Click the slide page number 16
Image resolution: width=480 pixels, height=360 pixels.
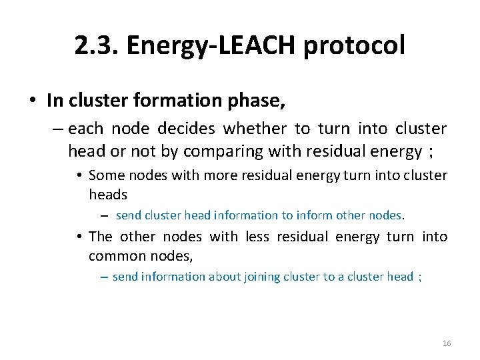click(447, 343)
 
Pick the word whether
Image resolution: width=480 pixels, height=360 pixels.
click(255, 128)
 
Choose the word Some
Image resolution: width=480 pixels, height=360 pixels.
click(104, 175)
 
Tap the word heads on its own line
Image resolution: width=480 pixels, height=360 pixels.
click(108, 195)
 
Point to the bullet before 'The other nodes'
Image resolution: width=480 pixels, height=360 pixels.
click(79, 237)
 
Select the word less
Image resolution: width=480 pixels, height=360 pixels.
click(257, 237)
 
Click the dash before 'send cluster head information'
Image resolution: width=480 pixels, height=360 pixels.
click(105, 216)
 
